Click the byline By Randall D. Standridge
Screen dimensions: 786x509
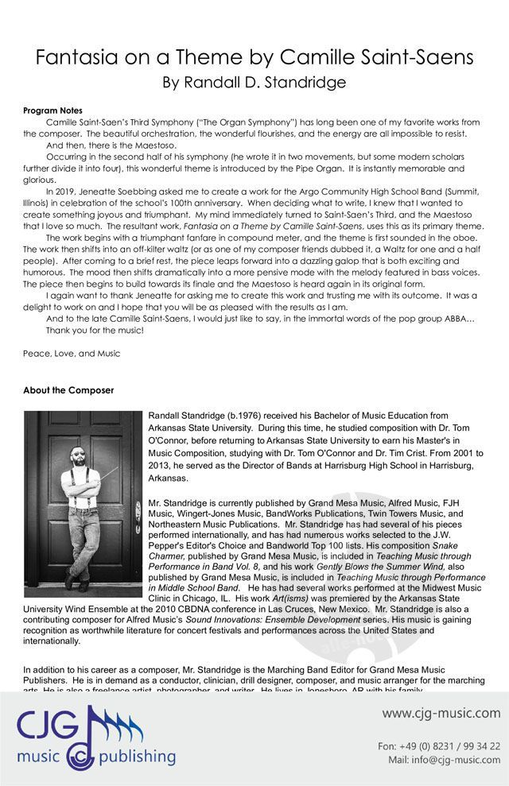(x=254, y=82)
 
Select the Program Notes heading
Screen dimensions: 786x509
(x=52, y=110)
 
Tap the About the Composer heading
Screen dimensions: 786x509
(x=68, y=390)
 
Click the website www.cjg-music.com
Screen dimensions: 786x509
(x=441, y=713)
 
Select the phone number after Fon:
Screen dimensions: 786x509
(x=450, y=746)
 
